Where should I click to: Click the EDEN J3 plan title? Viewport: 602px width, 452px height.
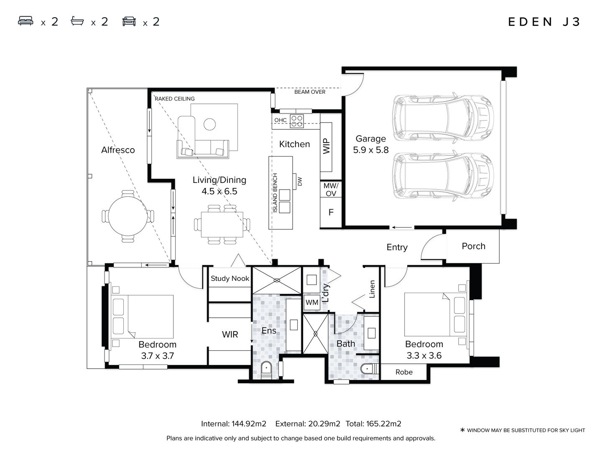tap(544, 22)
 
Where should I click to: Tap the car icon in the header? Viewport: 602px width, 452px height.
tap(129, 21)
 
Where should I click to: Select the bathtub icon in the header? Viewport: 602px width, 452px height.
tap(77, 21)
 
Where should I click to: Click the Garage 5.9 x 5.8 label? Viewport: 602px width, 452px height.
tap(370, 144)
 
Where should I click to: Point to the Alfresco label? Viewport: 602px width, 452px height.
tap(118, 150)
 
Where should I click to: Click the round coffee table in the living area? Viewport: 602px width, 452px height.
tap(209, 124)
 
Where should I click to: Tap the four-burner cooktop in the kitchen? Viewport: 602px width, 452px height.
tap(297, 121)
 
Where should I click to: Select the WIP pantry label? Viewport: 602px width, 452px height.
tap(327, 146)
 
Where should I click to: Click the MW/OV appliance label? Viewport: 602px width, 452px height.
tap(331, 189)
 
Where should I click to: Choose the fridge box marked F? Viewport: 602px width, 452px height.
tap(331, 212)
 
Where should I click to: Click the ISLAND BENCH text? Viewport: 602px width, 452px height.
tap(275, 193)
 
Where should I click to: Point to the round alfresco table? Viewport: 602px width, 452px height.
tap(128, 216)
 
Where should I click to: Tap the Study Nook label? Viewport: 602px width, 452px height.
tap(230, 278)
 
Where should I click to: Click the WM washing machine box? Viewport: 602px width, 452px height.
tap(312, 302)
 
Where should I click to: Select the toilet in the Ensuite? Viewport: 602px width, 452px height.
tap(266, 370)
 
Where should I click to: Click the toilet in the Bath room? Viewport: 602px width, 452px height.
tap(369, 369)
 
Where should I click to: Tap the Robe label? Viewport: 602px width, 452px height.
tap(404, 372)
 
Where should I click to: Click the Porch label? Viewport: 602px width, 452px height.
tap(473, 246)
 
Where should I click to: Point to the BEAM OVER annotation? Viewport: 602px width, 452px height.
tap(310, 92)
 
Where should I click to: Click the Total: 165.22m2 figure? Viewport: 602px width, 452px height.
tap(373, 424)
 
